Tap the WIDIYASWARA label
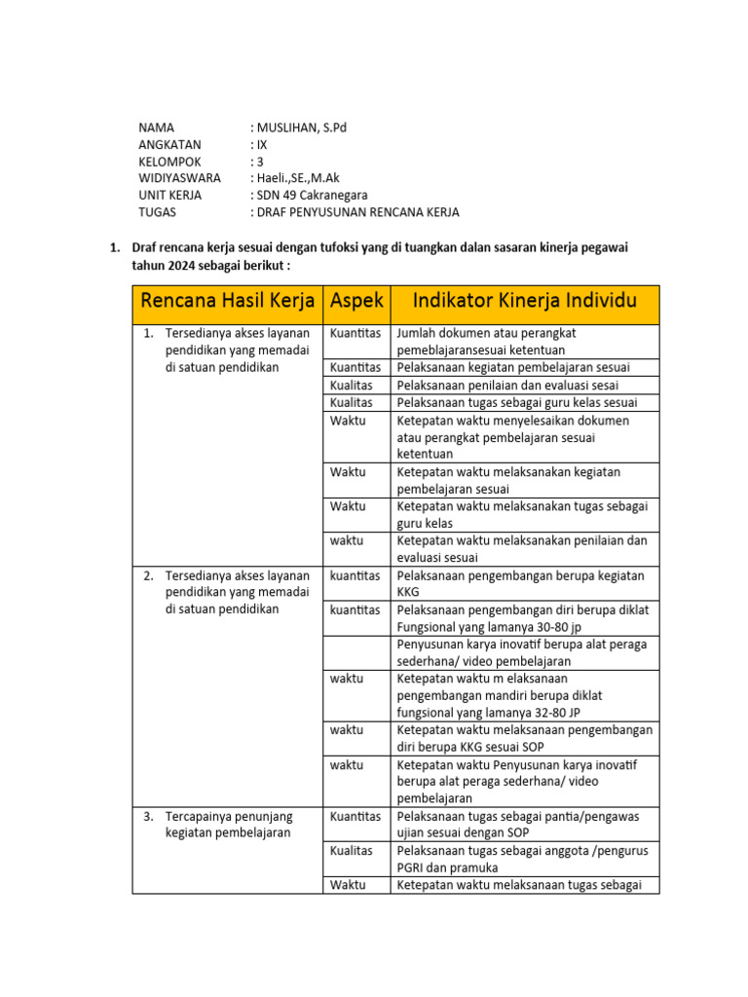coord(179,178)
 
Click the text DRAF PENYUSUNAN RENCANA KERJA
coord(357,212)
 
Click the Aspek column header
coord(356,305)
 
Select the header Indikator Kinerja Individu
coord(525,305)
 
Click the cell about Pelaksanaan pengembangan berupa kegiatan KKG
coord(524,583)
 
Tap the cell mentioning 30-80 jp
coord(524,617)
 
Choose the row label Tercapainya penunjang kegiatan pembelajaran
coord(228,824)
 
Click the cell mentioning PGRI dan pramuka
coord(524,859)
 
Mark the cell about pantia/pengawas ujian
coord(524,824)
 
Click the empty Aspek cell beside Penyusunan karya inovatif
coord(356,651)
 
